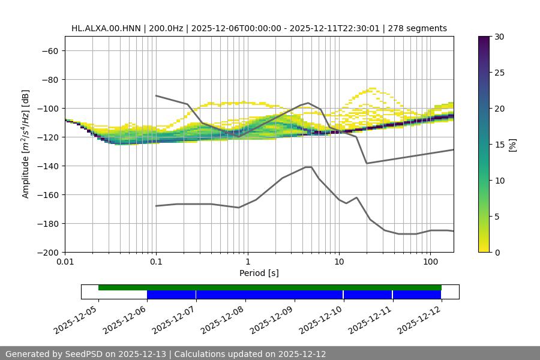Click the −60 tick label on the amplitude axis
point(49,50)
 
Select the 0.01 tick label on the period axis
point(65,262)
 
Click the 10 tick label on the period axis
point(338,262)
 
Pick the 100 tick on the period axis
point(430,262)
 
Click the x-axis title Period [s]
point(259,273)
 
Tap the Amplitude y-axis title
point(26,144)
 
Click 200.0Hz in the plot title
point(164,28)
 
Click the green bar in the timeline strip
point(270,287)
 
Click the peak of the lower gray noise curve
point(308,167)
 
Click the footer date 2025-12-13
point(143,354)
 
